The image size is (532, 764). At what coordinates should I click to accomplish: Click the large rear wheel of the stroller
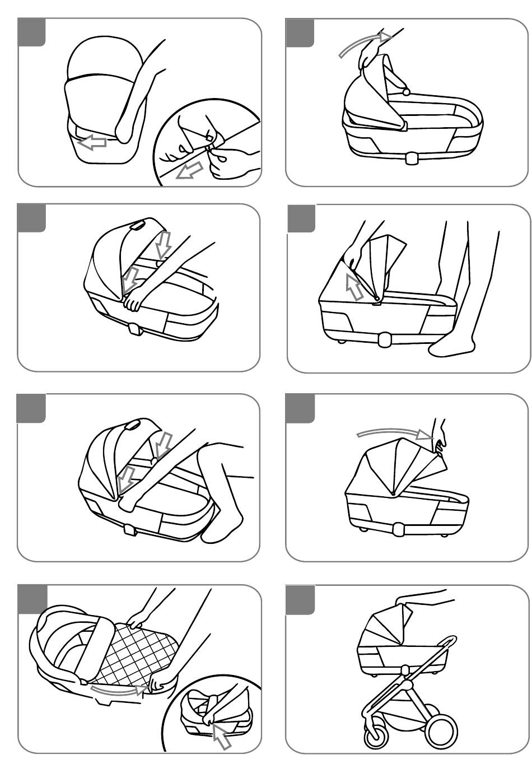pyautogui.click(x=442, y=730)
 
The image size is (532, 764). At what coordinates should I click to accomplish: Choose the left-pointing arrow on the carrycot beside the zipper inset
pyautogui.click(x=92, y=143)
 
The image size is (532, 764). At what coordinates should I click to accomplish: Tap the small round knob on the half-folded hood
pyautogui.click(x=407, y=91)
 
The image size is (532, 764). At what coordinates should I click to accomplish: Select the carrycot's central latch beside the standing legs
pyautogui.click(x=385, y=339)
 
